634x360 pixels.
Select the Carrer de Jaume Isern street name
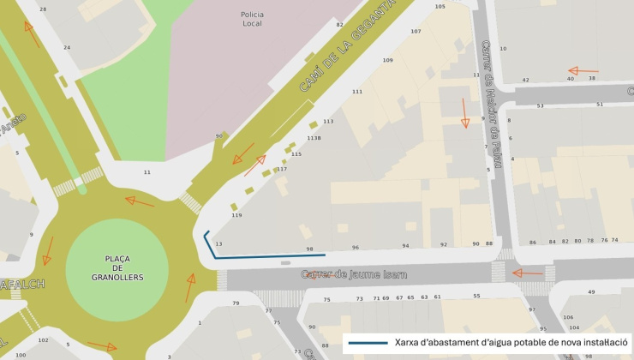click(354, 275)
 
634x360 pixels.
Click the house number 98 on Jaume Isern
click(309, 249)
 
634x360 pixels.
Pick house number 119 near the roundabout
click(236, 215)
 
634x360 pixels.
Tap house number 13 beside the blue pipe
click(218, 244)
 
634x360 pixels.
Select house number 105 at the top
click(440, 7)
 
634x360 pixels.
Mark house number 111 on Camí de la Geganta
click(356, 92)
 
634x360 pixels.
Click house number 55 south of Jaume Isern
click(476, 296)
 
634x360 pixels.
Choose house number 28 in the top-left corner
click(43, 9)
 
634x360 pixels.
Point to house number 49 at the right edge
click(591, 292)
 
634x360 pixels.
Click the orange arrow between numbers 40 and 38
click(583, 71)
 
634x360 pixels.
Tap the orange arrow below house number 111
click(465, 112)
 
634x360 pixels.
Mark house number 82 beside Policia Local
click(339, 25)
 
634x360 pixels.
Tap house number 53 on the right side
click(540, 106)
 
